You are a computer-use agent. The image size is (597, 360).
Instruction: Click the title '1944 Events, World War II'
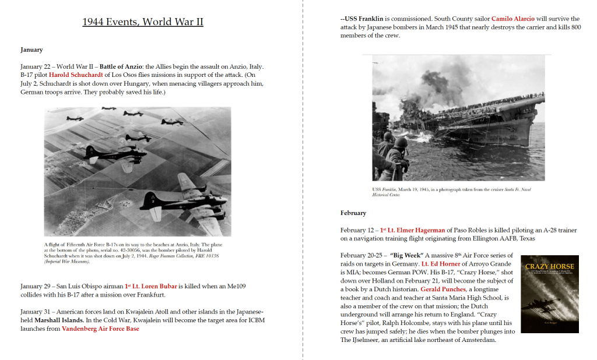(x=142, y=22)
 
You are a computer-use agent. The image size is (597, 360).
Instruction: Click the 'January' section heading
(x=31, y=50)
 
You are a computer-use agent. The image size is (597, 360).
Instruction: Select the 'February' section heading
(x=353, y=213)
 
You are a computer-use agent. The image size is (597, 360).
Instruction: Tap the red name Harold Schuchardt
(x=76, y=75)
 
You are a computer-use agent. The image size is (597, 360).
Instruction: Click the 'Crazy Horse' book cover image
(x=550, y=294)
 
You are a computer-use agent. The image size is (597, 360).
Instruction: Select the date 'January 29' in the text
(x=38, y=286)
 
